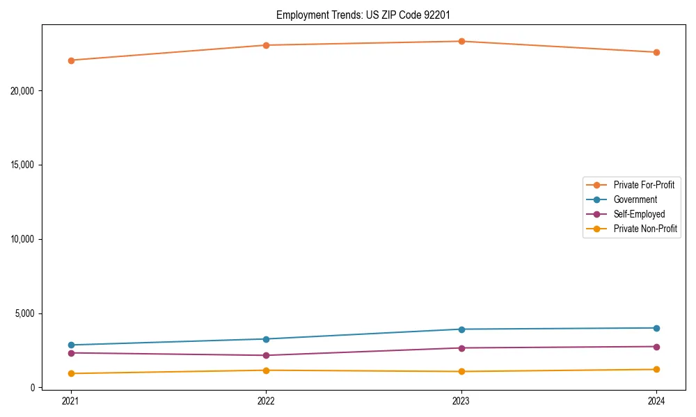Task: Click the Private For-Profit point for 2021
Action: point(71,60)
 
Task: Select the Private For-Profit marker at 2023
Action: point(461,41)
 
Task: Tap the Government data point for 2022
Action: point(266,339)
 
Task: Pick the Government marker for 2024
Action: point(656,328)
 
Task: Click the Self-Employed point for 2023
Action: point(461,348)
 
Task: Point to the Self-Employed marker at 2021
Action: point(71,353)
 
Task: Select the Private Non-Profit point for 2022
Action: point(266,370)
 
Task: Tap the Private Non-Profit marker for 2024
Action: point(656,370)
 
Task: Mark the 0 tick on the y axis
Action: point(33,388)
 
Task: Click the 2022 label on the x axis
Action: point(266,400)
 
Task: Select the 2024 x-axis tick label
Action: point(656,400)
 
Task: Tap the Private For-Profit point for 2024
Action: point(656,52)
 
